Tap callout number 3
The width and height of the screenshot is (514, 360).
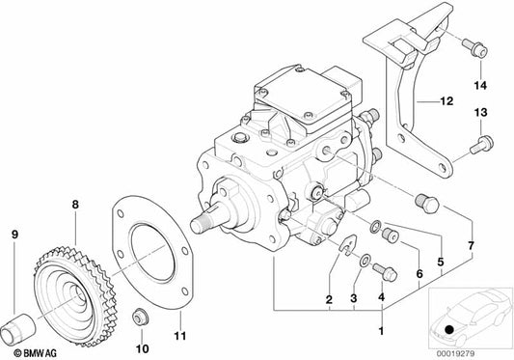tap(354, 300)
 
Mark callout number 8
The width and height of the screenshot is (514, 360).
tap(75, 205)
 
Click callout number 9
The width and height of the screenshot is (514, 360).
tap(14, 235)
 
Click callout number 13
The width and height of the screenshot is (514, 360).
tap(477, 113)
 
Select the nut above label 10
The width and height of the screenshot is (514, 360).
tap(142, 316)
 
